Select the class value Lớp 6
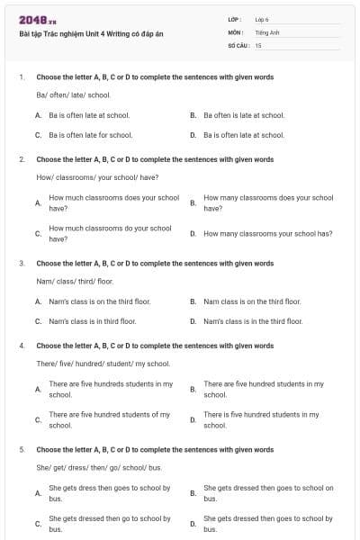262,19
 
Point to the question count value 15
258,44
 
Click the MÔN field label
235,31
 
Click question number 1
21,77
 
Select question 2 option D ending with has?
267,233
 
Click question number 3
21,264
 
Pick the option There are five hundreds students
110,389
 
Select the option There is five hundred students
260,419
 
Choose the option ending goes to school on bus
267,493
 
